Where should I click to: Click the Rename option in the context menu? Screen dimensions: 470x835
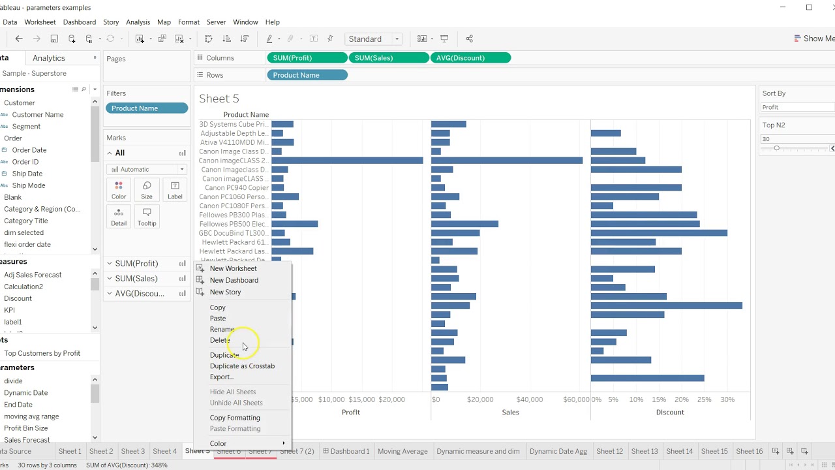coord(222,329)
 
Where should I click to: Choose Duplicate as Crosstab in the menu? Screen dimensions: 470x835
coord(242,366)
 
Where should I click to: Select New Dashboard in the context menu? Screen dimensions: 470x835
coord(234,280)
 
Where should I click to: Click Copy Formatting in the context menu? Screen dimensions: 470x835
coord(235,418)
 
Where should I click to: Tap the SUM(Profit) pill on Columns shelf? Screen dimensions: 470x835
coord(307,58)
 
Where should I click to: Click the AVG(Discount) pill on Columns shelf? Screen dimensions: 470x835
coord(470,58)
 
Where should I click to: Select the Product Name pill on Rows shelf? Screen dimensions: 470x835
coord(307,75)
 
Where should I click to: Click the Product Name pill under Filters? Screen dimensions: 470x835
coord(147,108)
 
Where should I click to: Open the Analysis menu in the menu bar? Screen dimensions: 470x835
coord(138,22)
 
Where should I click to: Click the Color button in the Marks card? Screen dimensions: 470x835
coord(119,190)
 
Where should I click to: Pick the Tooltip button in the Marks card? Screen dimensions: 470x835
coord(147,217)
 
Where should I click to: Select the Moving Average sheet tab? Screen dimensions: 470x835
coord(402,451)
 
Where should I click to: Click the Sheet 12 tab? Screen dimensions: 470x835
coord(609,451)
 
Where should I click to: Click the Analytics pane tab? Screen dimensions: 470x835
coord(49,58)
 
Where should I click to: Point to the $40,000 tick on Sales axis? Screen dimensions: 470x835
coord(529,399)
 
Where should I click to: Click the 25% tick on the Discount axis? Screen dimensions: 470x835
coord(705,399)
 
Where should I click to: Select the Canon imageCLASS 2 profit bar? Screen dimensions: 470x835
coord(347,161)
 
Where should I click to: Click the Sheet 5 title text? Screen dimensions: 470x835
coord(219,99)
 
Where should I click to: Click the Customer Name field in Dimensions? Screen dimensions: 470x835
coord(38,115)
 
